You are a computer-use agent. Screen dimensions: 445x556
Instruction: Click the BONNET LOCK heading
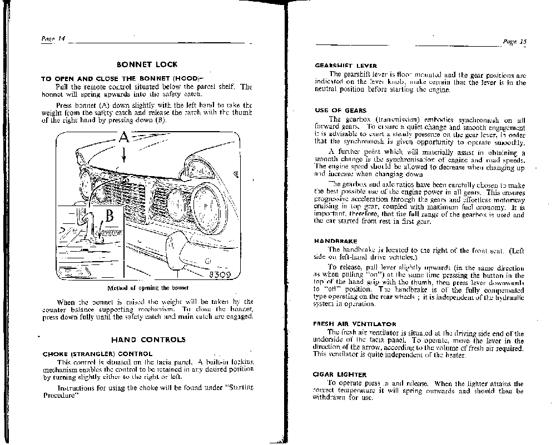point(147,64)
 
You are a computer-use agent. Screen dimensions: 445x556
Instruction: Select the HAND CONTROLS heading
point(148,339)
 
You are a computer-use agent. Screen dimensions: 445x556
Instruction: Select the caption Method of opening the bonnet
point(147,288)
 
